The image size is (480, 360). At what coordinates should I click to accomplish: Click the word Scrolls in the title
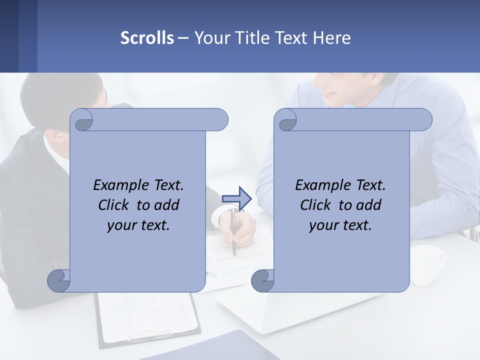(x=147, y=38)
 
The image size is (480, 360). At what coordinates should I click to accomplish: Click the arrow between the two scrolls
(x=236, y=198)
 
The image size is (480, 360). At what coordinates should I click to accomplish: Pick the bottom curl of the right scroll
(x=263, y=280)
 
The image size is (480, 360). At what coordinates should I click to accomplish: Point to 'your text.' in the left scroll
(x=138, y=225)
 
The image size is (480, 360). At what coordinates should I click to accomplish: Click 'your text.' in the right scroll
(x=340, y=225)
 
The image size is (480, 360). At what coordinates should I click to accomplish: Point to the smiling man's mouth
(x=330, y=93)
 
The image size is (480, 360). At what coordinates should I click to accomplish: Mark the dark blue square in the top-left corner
(x=9, y=36)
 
